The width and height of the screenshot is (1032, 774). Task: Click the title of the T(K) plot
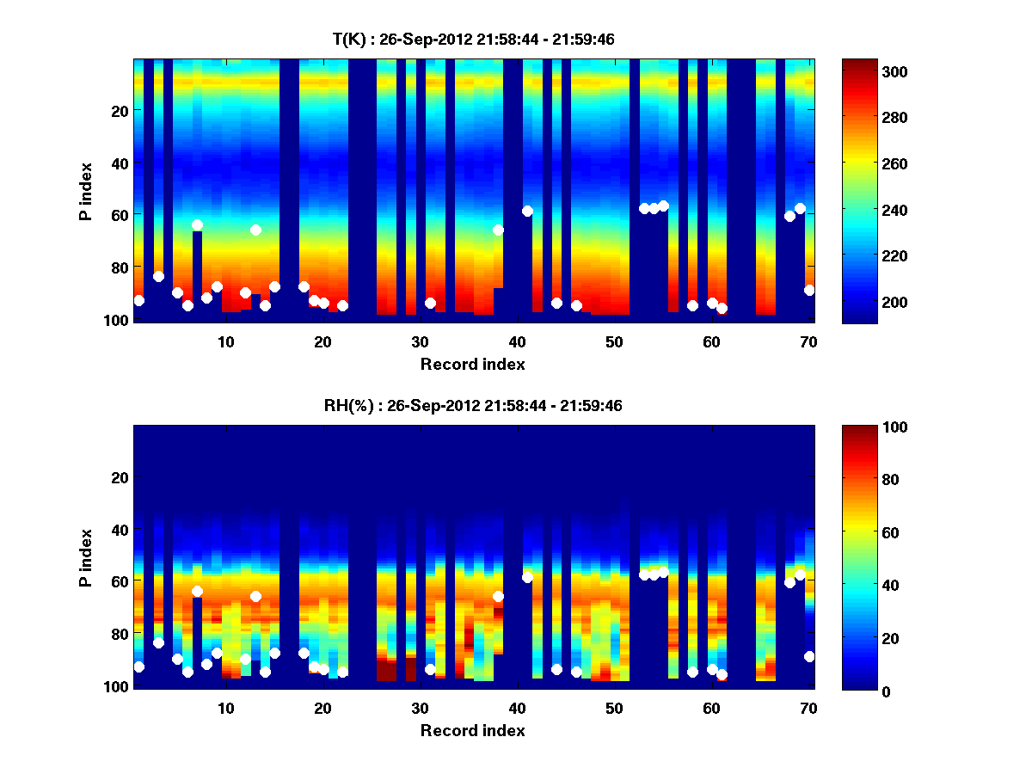tap(473, 40)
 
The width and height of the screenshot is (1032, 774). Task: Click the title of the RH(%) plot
tap(473, 406)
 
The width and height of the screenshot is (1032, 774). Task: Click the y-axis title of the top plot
tap(86, 189)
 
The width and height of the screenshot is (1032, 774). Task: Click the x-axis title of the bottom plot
tap(473, 731)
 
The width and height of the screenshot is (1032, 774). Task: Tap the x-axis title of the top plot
tap(473, 365)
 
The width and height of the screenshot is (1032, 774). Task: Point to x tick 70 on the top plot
tap(808, 341)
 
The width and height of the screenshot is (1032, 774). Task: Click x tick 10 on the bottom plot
tap(225, 708)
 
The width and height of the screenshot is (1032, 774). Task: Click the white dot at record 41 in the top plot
tap(527, 211)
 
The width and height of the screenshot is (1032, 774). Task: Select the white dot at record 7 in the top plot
tap(197, 224)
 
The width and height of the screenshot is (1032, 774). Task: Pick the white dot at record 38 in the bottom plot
tap(498, 596)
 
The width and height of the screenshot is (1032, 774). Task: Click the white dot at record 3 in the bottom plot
tap(158, 642)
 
